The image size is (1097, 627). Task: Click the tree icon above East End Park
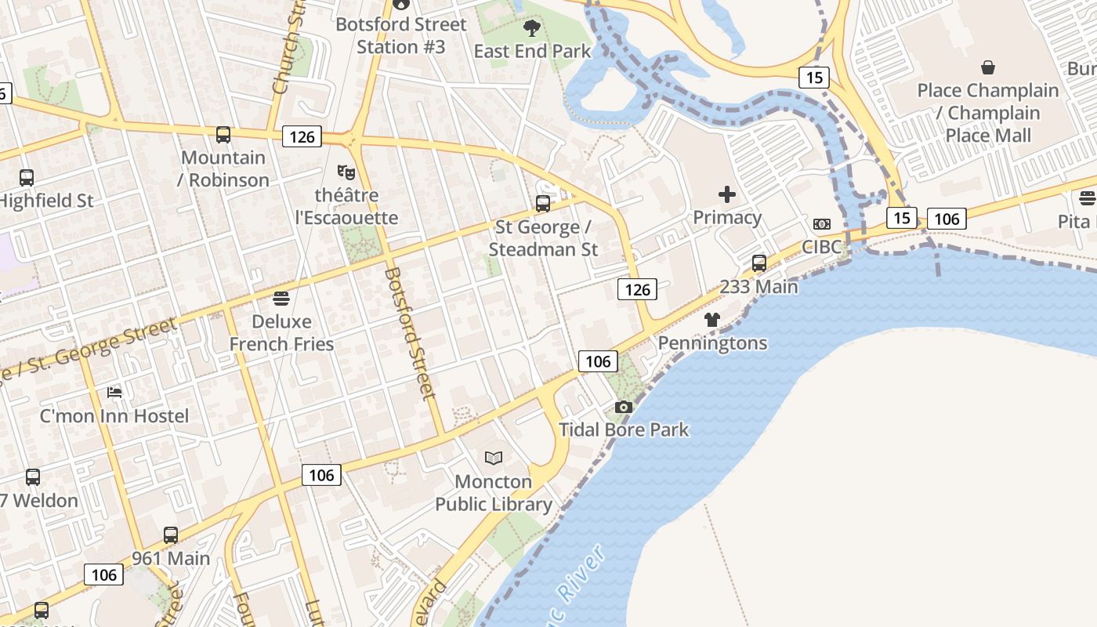coord(532,29)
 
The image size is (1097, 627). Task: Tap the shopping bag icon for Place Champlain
coord(988,67)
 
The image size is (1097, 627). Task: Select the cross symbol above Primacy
coord(727,194)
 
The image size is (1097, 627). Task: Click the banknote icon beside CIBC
coord(821,224)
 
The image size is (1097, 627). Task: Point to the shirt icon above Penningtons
coord(711,320)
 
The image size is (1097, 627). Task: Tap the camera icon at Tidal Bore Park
coord(624,407)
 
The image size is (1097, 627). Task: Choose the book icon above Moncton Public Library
coord(494,458)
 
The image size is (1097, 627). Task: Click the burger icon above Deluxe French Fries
coord(281,298)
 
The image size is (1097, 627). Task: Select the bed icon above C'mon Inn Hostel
coord(114,392)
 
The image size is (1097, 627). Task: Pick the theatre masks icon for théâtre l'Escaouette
coord(346,172)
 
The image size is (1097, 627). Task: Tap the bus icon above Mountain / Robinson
coord(223,135)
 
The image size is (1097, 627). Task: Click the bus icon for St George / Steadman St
coord(543,204)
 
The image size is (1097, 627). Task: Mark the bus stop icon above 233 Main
coord(758,263)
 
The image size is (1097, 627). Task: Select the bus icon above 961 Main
coord(171,535)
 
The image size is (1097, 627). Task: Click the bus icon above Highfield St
coord(27,178)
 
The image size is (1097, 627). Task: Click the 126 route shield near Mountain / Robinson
coord(302,137)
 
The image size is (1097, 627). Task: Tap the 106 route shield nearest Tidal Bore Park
coord(598,361)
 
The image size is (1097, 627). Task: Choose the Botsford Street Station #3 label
coord(400,35)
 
